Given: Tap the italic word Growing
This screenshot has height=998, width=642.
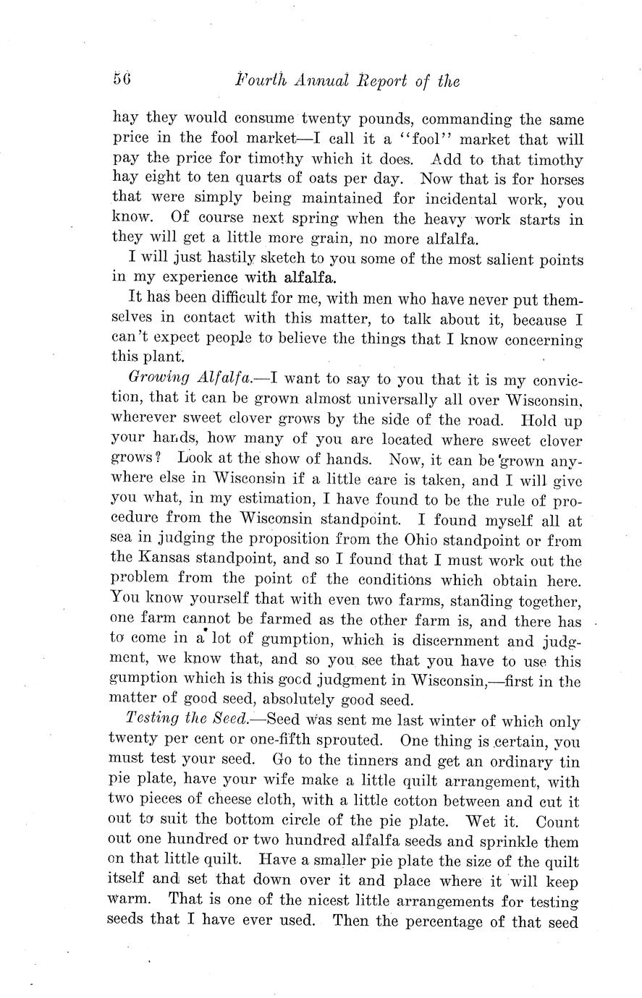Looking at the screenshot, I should (x=150, y=378).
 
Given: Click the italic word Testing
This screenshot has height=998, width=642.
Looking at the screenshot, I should (x=147, y=720).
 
